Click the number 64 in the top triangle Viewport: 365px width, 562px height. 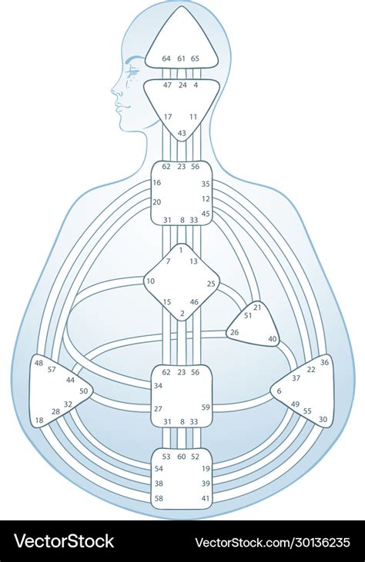pyautogui.click(x=166, y=58)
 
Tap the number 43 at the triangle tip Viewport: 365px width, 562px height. pyautogui.click(x=182, y=133)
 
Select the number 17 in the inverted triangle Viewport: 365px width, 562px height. pyautogui.click(x=168, y=117)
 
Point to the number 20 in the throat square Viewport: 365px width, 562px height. pyautogui.click(x=157, y=202)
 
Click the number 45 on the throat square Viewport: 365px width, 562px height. pyautogui.click(x=206, y=214)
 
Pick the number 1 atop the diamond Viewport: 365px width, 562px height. pyautogui.click(x=181, y=250)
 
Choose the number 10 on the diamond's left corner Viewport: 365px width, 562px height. pyautogui.click(x=150, y=281)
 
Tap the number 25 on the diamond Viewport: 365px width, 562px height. pyautogui.click(x=211, y=284)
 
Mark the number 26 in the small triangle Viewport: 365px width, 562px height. pyautogui.click(x=234, y=333)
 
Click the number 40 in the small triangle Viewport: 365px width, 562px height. pyautogui.click(x=273, y=339)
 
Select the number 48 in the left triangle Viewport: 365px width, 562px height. pyautogui.click(x=39, y=363)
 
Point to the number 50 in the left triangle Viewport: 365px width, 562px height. pyautogui.click(x=84, y=391)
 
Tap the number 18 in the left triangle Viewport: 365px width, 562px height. pyautogui.click(x=39, y=420)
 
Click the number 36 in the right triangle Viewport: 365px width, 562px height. pyautogui.click(x=324, y=362)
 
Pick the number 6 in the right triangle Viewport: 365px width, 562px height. pyautogui.click(x=280, y=391)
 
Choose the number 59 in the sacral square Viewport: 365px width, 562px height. pyautogui.click(x=206, y=407)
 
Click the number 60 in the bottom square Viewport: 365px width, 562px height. pyautogui.click(x=182, y=457)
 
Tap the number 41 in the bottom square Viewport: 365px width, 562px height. pyautogui.click(x=206, y=498)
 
